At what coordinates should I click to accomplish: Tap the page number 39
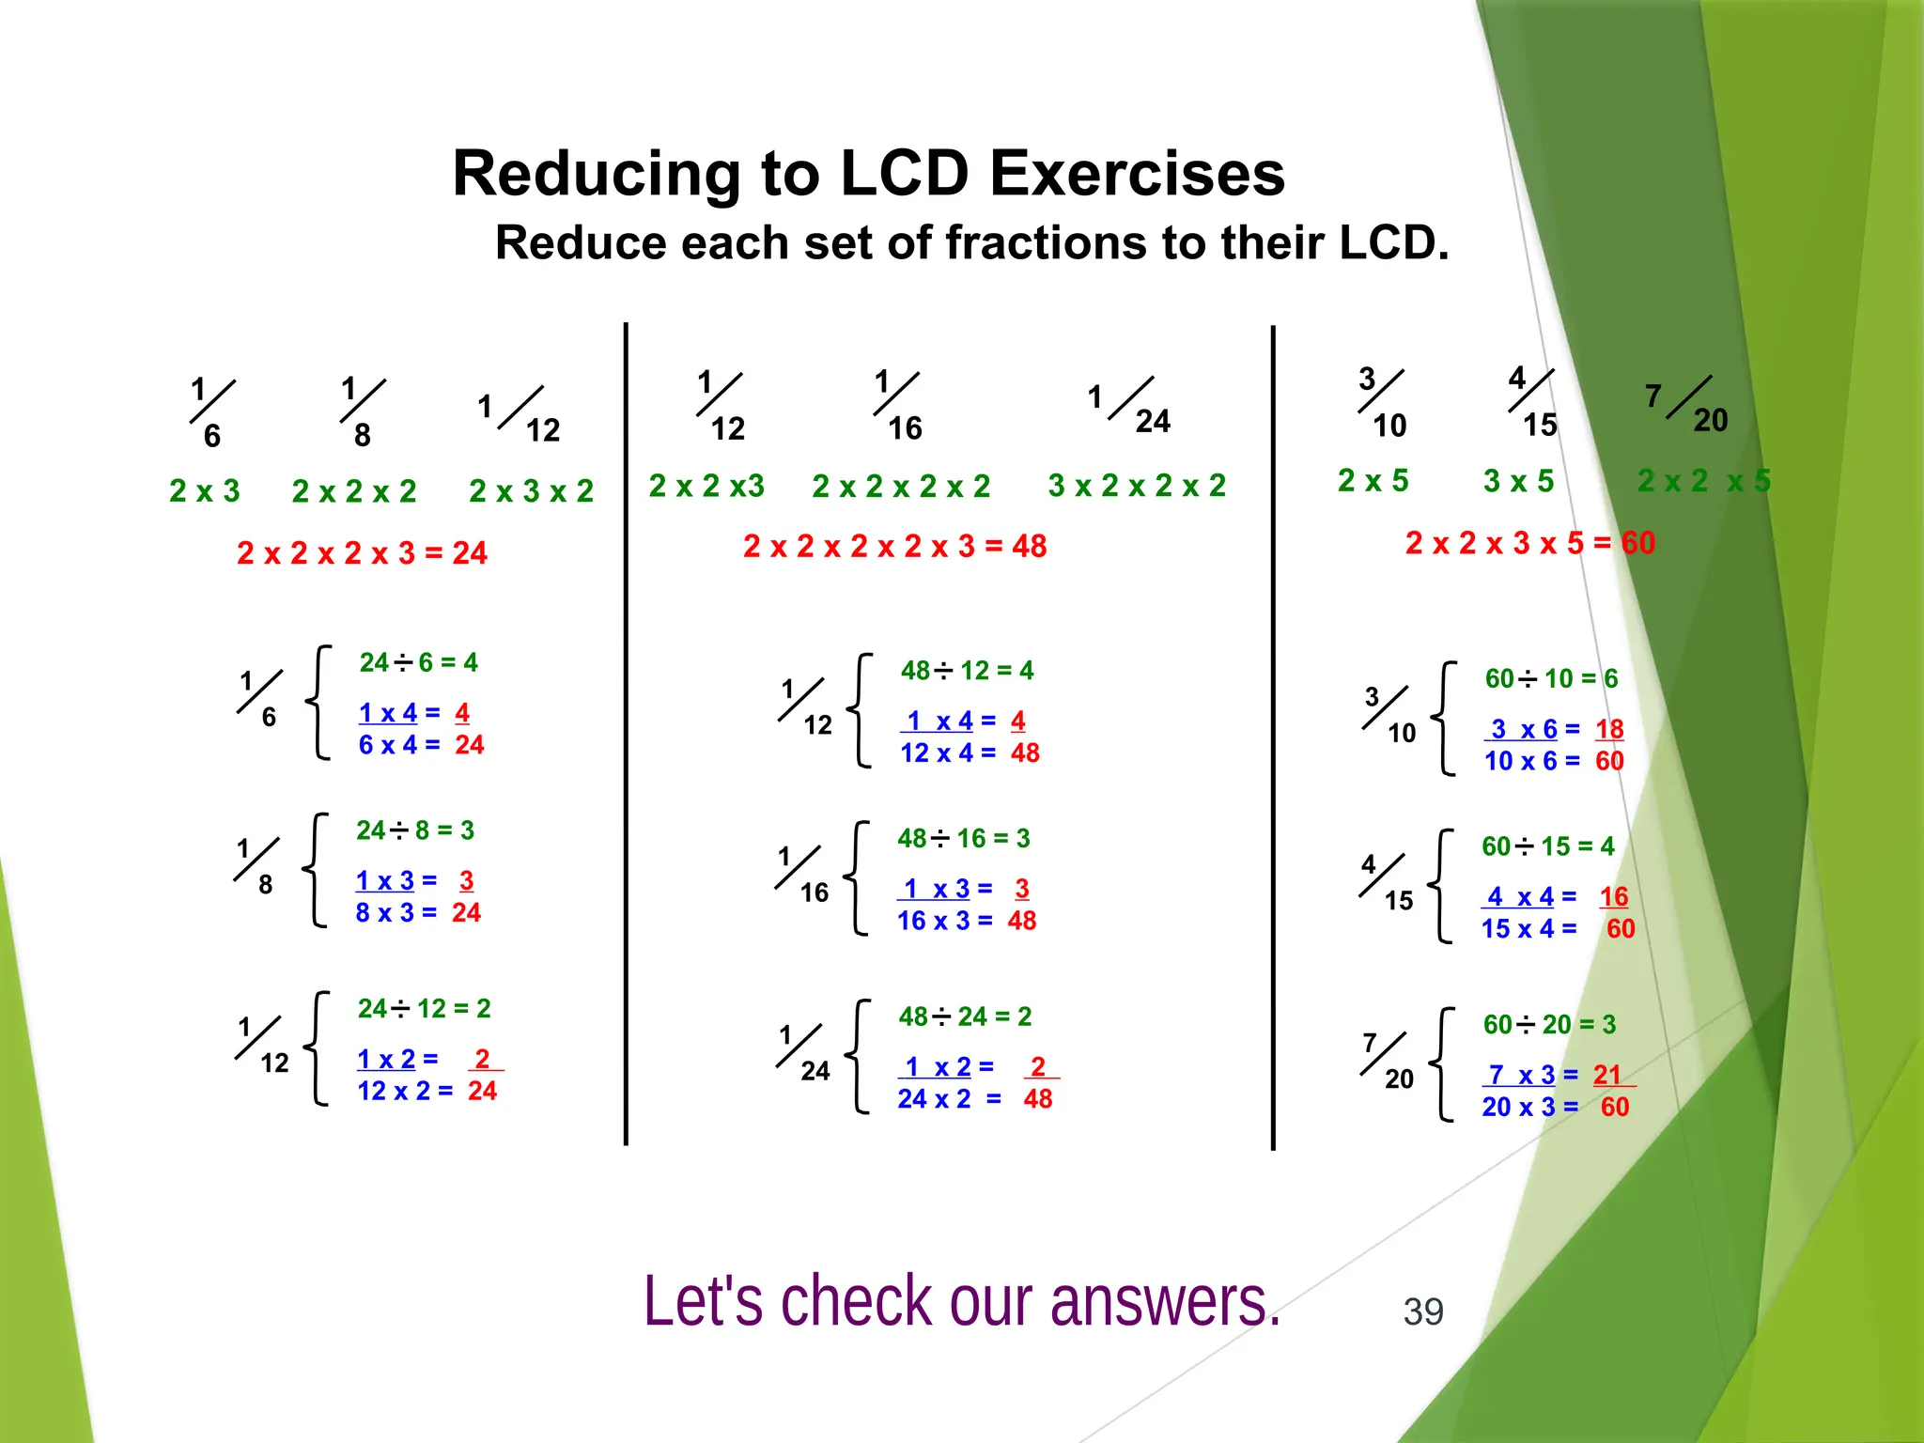(1422, 1311)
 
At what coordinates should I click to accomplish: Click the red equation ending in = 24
(362, 552)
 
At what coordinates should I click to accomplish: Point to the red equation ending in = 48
(894, 546)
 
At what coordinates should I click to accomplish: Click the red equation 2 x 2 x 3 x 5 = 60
(1529, 543)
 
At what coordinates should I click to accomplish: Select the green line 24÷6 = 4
(418, 662)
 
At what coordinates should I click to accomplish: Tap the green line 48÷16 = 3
(963, 838)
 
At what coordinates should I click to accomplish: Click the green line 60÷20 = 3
(1549, 1024)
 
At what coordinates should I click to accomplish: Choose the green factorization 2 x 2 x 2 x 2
(901, 487)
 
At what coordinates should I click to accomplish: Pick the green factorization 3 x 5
(1518, 481)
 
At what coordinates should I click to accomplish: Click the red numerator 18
(1609, 729)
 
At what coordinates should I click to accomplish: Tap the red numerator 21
(1607, 1075)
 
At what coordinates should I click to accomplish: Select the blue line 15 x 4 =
(1528, 929)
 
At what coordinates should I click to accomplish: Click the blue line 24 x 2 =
(949, 1099)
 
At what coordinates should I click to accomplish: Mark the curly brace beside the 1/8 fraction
(317, 870)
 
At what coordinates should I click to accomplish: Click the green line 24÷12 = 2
(424, 1008)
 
